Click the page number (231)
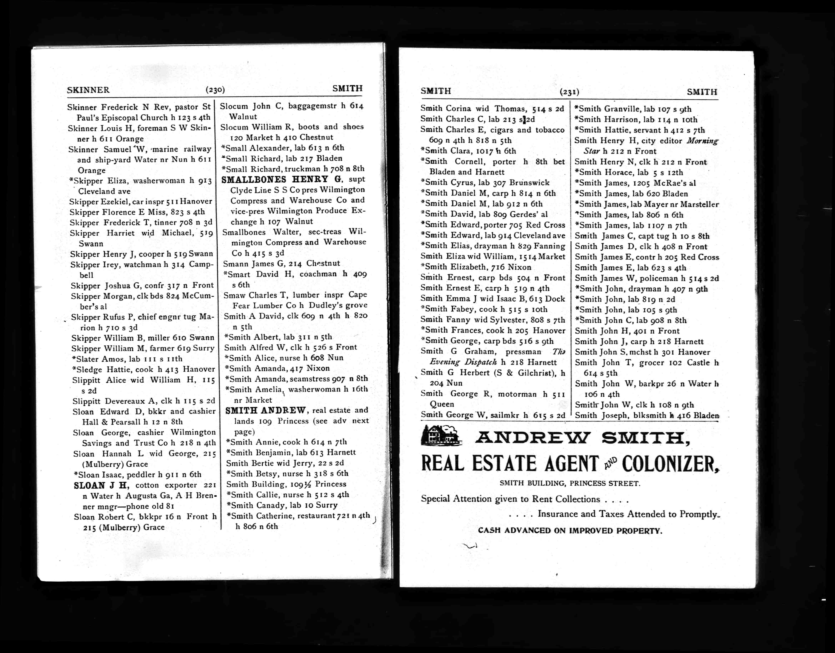[569, 92]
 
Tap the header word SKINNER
[88, 90]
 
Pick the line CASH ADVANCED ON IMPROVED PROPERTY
[570, 531]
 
